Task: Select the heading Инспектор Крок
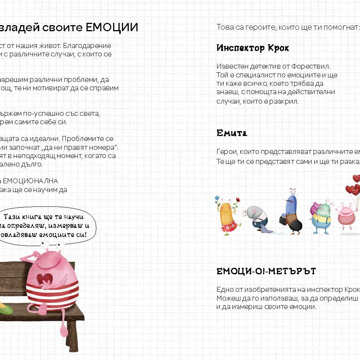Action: click(x=253, y=48)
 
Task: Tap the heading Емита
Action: click(x=232, y=133)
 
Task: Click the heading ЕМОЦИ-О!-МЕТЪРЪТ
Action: click(x=266, y=272)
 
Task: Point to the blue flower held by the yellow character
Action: click(x=217, y=199)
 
